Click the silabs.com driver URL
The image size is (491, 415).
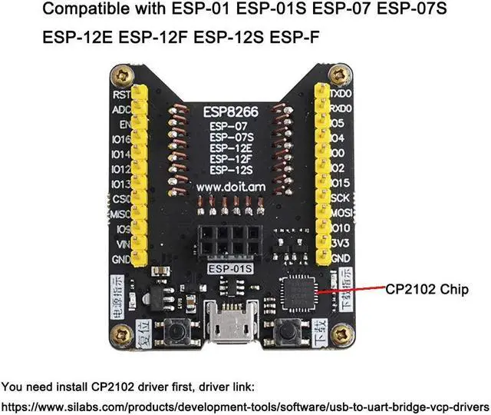click(x=245, y=405)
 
